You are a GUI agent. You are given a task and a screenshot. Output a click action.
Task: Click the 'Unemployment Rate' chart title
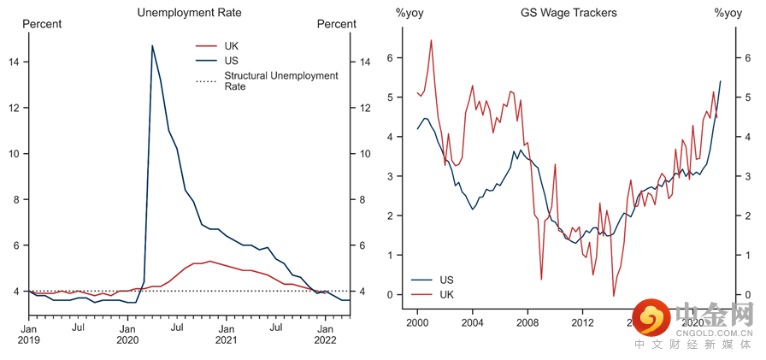tap(189, 13)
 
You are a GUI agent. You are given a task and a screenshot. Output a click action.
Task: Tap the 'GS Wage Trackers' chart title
tap(569, 13)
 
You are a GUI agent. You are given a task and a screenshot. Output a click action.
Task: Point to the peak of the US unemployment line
tap(152, 45)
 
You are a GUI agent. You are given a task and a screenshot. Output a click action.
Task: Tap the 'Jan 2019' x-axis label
tap(28, 333)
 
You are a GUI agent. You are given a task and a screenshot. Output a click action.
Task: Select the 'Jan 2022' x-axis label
tap(326, 333)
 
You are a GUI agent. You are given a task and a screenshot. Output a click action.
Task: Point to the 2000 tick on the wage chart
tap(417, 323)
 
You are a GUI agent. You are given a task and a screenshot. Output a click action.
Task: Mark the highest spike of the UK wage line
tap(431, 40)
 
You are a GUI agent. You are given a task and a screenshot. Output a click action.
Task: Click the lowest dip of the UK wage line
tap(614, 296)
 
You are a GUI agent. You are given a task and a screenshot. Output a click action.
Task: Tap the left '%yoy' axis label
tap(410, 13)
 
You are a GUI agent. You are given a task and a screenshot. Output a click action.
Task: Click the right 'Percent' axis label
tap(336, 24)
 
